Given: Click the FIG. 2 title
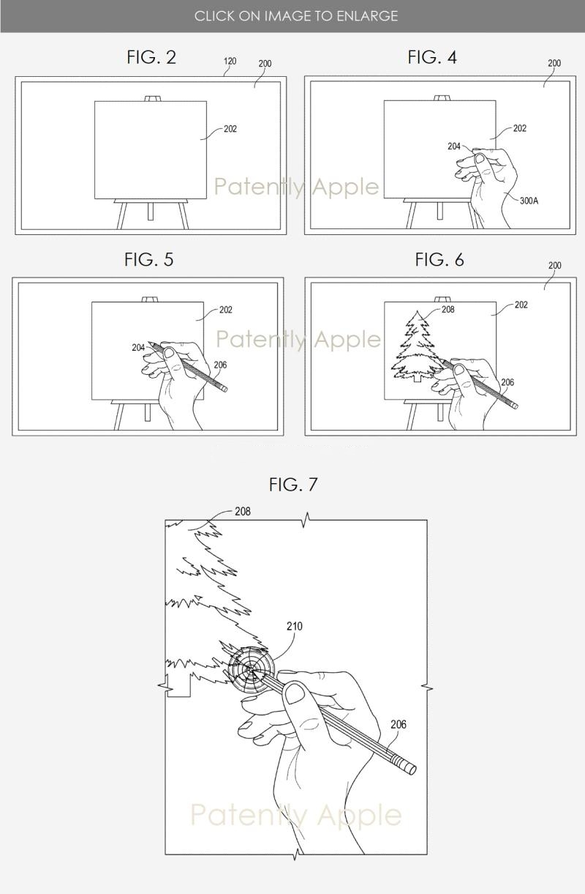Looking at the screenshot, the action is (x=151, y=57).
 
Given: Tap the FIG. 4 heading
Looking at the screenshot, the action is (x=432, y=57).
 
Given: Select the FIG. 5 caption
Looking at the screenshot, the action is (x=148, y=259).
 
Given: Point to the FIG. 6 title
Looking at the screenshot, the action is (x=439, y=259).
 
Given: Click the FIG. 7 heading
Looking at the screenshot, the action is (x=293, y=485).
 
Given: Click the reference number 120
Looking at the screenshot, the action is (x=230, y=61).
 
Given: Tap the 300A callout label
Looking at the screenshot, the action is (x=529, y=201).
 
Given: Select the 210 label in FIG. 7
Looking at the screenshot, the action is (x=295, y=626).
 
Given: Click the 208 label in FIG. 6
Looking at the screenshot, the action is (x=448, y=309).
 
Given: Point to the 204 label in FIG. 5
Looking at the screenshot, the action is (x=138, y=348).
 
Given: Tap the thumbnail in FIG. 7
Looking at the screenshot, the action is (x=295, y=693).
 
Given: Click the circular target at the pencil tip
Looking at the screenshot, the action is (x=251, y=670).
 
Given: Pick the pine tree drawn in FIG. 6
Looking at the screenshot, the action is (x=415, y=346).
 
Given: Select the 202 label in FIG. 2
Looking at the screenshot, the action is (x=230, y=129).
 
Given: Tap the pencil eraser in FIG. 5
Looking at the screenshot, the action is (x=224, y=387).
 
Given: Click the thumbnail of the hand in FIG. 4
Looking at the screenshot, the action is (x=480, y=158).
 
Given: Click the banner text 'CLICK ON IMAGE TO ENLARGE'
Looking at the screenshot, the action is (x=296, y=16).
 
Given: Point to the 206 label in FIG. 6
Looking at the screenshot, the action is (x=507, y=382).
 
